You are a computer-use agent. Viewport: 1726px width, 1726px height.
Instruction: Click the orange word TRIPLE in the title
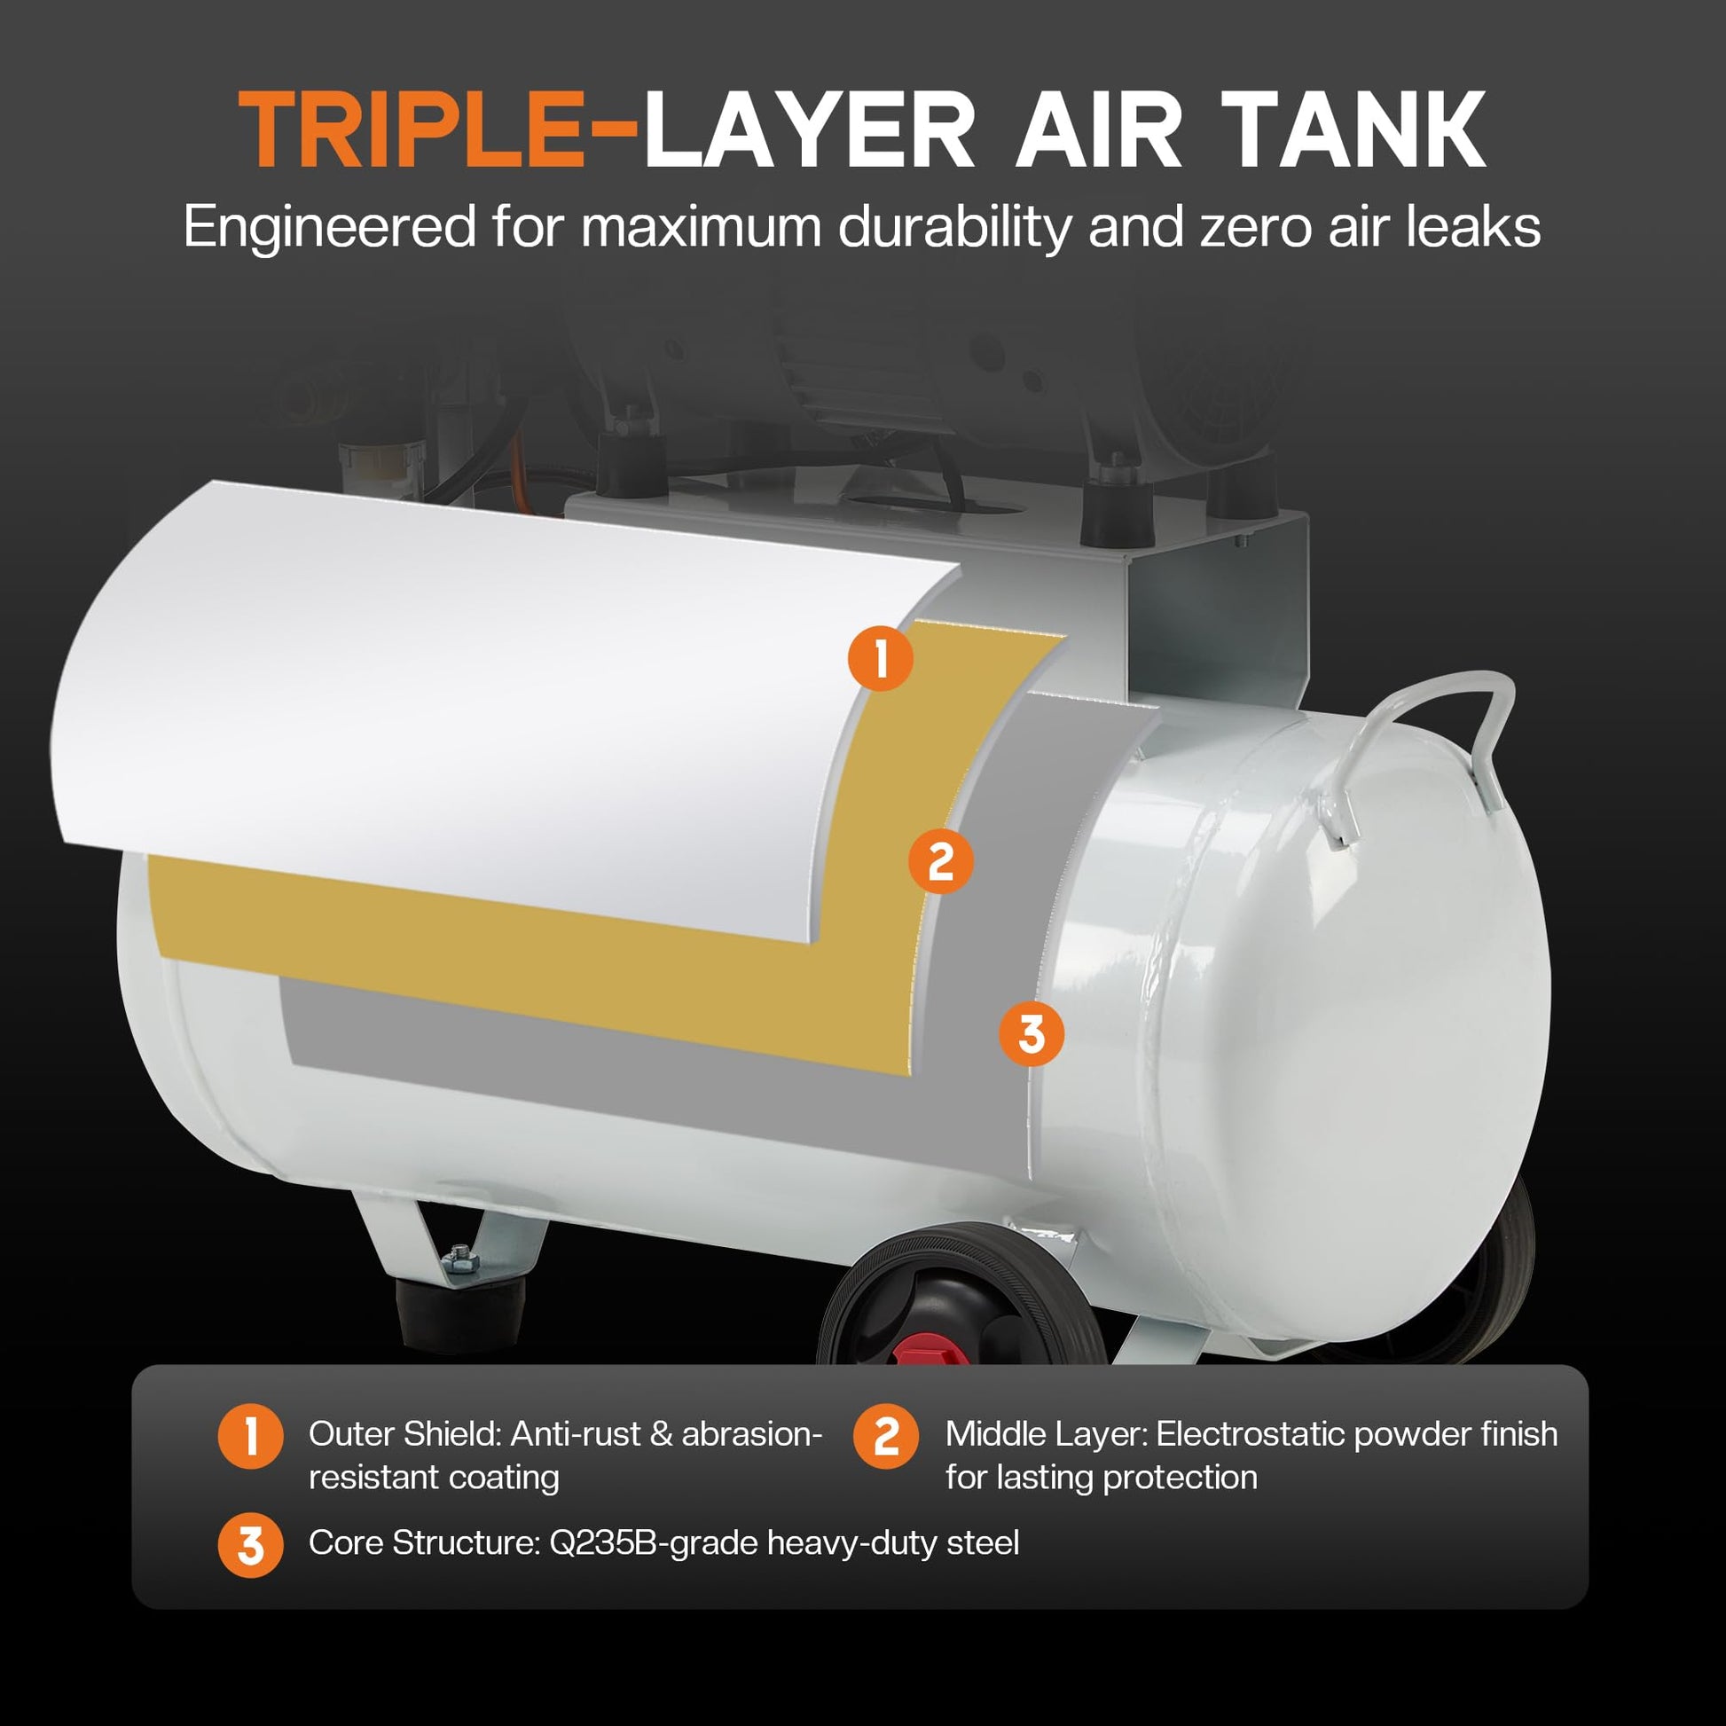412,129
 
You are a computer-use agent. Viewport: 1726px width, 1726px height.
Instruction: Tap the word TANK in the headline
1353,129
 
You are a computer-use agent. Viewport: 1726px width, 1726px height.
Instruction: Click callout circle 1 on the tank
881,659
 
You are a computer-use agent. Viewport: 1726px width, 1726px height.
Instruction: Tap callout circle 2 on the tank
941,861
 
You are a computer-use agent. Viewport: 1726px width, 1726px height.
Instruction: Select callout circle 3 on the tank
1031,1033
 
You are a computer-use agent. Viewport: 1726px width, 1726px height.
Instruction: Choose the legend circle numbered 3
250,1545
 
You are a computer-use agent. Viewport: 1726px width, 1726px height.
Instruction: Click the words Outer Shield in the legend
405,1434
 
